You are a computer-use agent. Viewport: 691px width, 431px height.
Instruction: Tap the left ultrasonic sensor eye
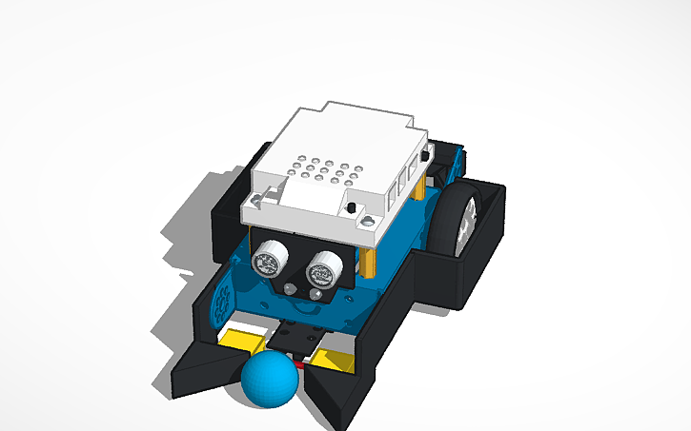[x=267, y=257]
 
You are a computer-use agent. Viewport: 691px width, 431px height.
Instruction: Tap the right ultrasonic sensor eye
[x=321, y=272]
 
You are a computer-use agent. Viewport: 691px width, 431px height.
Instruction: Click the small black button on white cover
[x=352, y=207]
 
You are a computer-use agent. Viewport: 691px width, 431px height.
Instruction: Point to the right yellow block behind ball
[x=333, y=359]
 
